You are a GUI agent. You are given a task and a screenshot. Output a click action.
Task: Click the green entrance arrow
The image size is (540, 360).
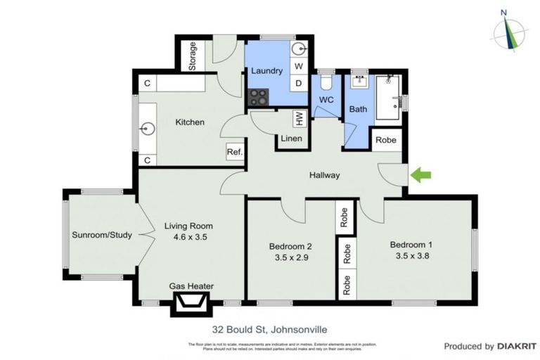[x=421, y=175]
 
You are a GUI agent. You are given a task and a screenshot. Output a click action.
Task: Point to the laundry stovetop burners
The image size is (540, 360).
[x=258, y=96]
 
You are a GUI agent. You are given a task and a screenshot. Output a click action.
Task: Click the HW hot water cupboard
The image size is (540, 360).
[x=280, y=119]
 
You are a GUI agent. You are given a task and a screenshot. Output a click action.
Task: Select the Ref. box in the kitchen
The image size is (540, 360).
[x=233, y=153]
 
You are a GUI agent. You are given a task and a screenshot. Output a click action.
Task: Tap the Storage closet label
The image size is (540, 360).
[x=192, y=56]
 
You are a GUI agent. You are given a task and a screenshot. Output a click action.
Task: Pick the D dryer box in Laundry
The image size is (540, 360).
[x=298, y=83]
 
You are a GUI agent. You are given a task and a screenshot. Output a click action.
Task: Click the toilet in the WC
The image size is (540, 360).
[x=326, y=82]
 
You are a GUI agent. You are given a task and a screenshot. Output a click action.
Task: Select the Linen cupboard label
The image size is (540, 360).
[x=291, y=139]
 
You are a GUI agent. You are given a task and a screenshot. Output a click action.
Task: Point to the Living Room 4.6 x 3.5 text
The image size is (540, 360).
[x=188, y=238]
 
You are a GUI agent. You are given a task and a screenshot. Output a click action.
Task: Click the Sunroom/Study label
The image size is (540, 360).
[x=102, y=236]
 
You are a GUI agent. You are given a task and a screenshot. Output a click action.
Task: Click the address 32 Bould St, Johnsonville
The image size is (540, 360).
[x=269, y=328]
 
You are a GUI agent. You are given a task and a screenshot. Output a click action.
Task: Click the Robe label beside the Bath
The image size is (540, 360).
[x=385, y=140]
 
